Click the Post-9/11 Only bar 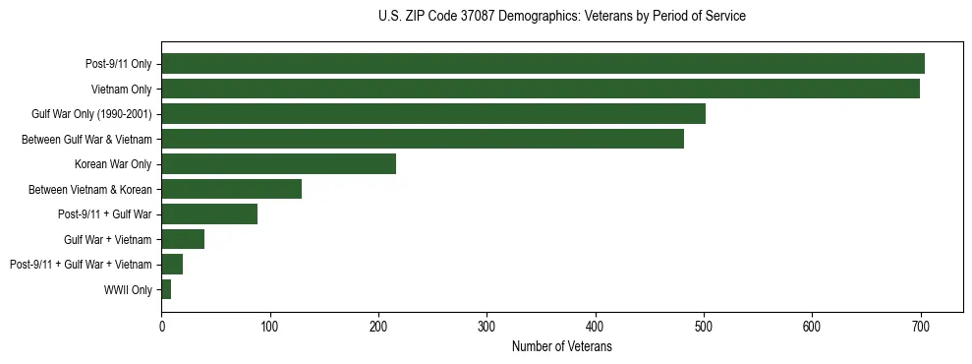543,64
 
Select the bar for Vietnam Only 541,89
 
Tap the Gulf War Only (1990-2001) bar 433,114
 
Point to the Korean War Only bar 279,164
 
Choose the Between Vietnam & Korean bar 232,189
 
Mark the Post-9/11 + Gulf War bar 209,214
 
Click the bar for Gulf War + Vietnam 183,239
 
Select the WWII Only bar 166,289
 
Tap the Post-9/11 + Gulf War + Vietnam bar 172,265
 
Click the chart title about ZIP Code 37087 561,17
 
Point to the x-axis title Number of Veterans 561,346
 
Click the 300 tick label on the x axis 486,328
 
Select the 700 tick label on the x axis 921,328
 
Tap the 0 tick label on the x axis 162,328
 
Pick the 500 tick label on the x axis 704,328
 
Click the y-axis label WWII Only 128,290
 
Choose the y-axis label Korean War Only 113,164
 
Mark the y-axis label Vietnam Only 121,90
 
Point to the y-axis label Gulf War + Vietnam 108,240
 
